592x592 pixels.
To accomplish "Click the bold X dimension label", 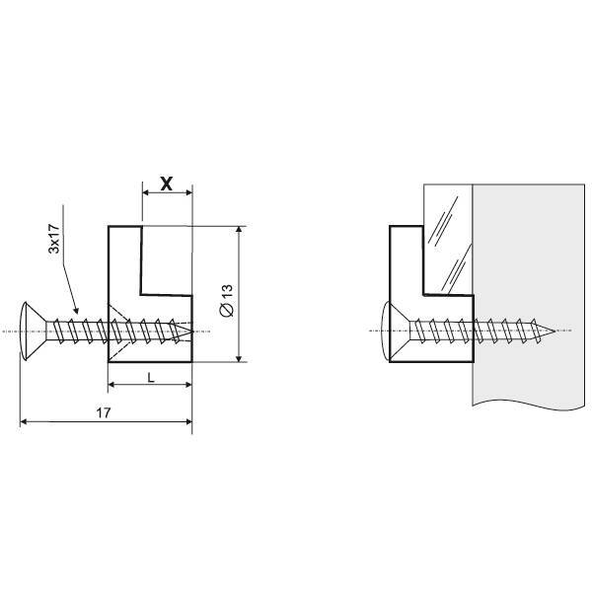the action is pos(167,184).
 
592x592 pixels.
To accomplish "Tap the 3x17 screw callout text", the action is pos(54,238).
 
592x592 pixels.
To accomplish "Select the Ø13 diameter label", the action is pos(226,300).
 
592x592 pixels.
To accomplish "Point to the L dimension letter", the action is pos(151,378).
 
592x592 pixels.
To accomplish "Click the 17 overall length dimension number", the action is pos(104,413).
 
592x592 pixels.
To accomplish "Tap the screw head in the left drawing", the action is pos(34,332).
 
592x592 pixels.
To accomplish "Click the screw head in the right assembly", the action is pos(396,332).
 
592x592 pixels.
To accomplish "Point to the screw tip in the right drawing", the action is pos(555,332).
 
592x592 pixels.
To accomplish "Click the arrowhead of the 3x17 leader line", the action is pos(76,311).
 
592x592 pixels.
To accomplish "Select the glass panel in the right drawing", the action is pos(448,239).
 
